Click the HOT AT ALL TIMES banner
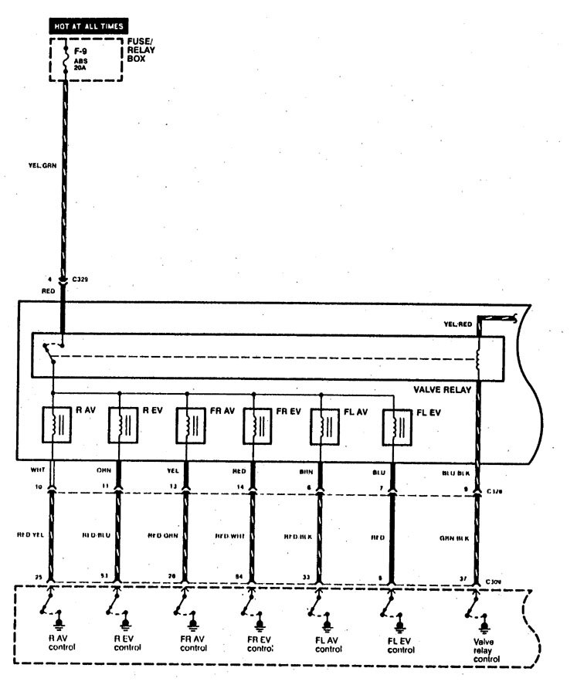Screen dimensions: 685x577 (89, 26)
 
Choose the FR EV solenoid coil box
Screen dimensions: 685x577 (253, 425)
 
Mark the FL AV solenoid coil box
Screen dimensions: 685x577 (321, 425)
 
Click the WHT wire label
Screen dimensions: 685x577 (38, 470)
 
